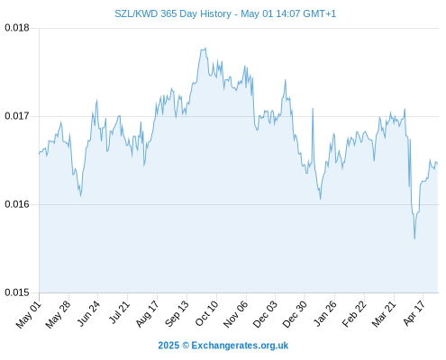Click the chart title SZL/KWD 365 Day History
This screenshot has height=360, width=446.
tap(173, 13)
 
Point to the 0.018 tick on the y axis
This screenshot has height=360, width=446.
tap(17, 28)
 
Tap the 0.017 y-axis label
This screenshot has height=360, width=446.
tap(17, 116)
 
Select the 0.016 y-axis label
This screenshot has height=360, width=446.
tap(17, 204)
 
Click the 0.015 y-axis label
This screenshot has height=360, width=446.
tap(17, 292)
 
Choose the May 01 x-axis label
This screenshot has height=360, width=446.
tap(29, 314)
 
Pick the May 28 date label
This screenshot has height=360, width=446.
tap(58, 314)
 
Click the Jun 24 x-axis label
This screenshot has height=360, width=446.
tap(88, 314)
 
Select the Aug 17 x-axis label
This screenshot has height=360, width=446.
tap(147, 314)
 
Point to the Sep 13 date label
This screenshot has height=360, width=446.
tap(177, 314)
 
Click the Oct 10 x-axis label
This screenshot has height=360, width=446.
tap(206, 314)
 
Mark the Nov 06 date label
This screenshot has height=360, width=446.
tap(236, 314)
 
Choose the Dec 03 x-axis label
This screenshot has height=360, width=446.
tap(265, 314)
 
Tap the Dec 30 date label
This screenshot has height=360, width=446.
tap(295, 314)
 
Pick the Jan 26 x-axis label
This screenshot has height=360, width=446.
tap(325, 313)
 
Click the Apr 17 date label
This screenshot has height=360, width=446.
tap(414, 313)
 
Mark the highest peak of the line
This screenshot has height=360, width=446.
tap(205, 48)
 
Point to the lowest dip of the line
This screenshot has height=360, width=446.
tap(414, 238)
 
